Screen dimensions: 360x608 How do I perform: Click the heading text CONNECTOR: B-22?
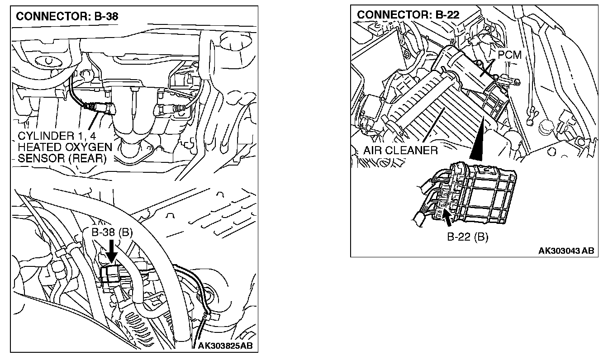point(408,15)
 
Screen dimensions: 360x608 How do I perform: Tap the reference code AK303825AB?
point(225,346)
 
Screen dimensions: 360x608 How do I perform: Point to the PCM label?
point(509,55)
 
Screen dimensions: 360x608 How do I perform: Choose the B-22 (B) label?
point(467,237)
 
